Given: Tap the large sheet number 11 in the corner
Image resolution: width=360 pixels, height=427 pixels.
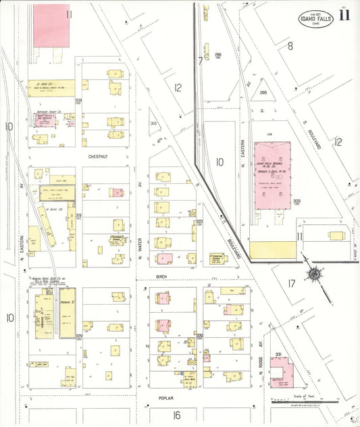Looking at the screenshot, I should pos(345,15).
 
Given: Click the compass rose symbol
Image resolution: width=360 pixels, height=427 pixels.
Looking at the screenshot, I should pos(314,274).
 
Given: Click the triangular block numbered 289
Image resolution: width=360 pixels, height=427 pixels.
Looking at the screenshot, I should pos(263,93).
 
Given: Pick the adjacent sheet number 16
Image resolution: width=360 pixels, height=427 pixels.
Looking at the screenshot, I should pos(177,415).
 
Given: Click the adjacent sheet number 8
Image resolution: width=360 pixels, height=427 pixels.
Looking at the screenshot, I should pos(290,46).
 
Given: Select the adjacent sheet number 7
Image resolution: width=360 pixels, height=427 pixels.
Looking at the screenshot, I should pos(200,61).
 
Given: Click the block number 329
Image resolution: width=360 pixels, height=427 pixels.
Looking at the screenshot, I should pos(78,336).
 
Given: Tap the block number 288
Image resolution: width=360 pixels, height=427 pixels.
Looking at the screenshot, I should pos(218,55).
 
